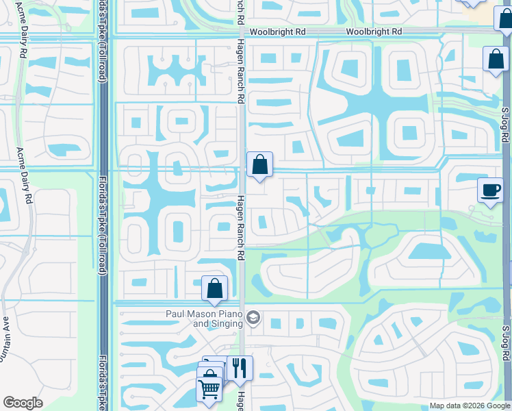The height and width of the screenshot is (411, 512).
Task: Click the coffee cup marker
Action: [490, 190]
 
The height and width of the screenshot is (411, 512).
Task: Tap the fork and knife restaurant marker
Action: [240, 367]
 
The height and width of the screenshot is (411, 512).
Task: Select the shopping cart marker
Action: [209, 388]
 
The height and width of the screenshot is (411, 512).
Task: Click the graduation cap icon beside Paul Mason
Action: [253, 318]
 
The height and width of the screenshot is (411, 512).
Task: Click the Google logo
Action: [23, 403]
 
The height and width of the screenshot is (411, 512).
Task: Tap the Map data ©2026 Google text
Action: [470, 406]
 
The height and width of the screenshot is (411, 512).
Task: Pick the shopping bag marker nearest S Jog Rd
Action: [495, 59]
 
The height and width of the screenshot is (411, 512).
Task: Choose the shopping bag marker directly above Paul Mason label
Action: [214, 288]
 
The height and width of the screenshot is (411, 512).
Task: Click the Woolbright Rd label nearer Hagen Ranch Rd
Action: [277, 32]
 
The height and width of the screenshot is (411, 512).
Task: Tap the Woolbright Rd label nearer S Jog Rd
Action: [373, 32]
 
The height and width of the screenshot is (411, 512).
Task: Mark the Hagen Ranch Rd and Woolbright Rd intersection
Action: [243, 32]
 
